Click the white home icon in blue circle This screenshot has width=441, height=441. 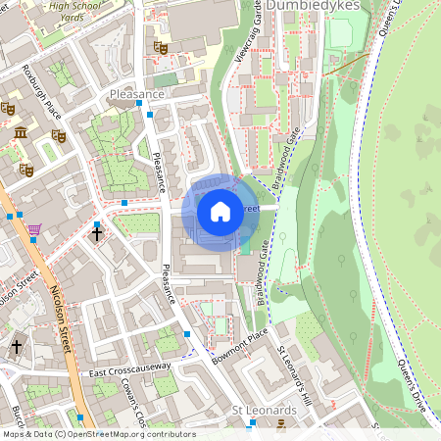pyautogui.click(x=220, y=211)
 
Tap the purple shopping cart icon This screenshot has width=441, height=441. pyautogui.click(x=35, y=229)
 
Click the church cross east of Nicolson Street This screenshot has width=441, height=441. pyautogui.click(x=96, y=234)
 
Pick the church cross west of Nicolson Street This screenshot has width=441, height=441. pyautogui.click(x=17, y=346)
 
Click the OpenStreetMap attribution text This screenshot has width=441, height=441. pyautogui.click(x=98, y=434)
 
